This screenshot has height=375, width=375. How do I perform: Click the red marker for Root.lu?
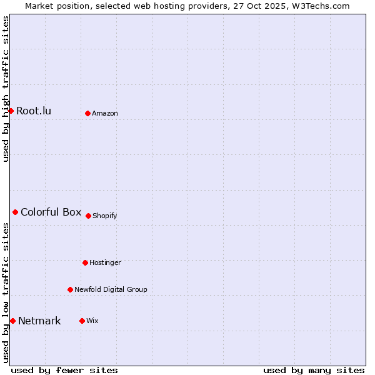coord(11,111)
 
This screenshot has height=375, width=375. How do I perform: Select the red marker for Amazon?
coord(87,113)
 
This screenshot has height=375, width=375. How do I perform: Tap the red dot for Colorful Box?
coord(15,212)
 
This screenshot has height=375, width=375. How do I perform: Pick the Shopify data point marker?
coord(88,216)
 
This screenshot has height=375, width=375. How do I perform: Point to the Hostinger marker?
coord(85,262)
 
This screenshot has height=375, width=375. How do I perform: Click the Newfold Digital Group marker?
coord(70,289)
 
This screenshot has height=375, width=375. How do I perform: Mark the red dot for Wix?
coord(82,321)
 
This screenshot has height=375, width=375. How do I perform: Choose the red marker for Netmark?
coord(12,321)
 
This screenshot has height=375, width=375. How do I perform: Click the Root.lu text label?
coord(34,111)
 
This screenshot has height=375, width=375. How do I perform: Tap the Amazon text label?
coord(105,114)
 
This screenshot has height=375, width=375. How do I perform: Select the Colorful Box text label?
coord(51,212)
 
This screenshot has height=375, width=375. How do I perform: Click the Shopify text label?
coord(105,216)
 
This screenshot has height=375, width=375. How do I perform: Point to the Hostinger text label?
coord(105,263)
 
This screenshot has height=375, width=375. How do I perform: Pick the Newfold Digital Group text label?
coord(111,290)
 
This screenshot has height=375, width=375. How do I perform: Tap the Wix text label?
coord(92,321)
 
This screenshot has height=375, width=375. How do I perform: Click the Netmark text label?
coord(39,321)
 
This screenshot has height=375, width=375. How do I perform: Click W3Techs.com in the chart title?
coord(322,6)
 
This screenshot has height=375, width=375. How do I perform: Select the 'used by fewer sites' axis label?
coord(64,370)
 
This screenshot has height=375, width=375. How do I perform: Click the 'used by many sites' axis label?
coord(314,370)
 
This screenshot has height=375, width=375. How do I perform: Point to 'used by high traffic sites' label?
coord(6,89)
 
